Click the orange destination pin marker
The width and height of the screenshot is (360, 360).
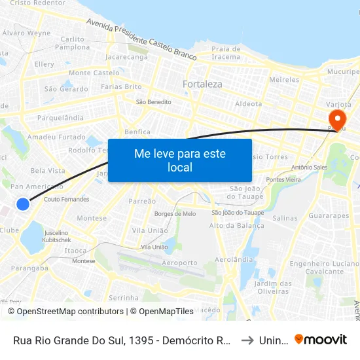click(338, 119)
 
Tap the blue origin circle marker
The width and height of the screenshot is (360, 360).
click(23, 204)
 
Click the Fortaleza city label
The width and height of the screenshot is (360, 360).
click(202, 84)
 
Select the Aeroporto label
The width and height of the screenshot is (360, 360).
click(179, 262)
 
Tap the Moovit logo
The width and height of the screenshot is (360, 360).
click(320, 340)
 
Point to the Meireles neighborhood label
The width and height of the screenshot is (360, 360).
click(284, 79)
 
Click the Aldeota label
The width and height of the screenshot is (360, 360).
click(248, 103)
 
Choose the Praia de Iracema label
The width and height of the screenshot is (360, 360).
click(226, 52)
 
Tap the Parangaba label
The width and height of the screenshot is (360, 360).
click(29, 267)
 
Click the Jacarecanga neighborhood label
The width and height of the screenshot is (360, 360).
click(126, 57)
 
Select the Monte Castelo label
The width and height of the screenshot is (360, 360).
click(94, 73)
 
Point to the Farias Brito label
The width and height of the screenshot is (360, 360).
click(121, 86)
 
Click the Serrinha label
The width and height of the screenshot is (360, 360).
click(124, 297)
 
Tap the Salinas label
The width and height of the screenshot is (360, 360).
click(285, 218)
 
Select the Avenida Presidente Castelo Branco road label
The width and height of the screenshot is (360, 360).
click(141, 39)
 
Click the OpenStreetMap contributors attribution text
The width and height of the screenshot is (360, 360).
click(66, 312)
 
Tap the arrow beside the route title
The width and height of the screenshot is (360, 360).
click(247, 340)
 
